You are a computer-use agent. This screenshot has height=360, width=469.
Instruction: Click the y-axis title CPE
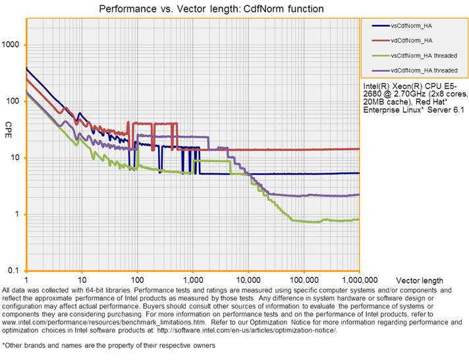[x=9, y=125]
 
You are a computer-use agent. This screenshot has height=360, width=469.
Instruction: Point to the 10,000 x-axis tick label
[x=248, y=280]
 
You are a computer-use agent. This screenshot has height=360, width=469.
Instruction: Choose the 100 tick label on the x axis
[x=137, y=280]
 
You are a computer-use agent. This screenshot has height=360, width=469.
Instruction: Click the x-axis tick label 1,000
[x=192, y=280]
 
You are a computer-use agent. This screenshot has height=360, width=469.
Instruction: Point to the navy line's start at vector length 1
[x=26, y=68]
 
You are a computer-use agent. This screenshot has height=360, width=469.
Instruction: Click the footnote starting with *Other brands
[x=109, y=345]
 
